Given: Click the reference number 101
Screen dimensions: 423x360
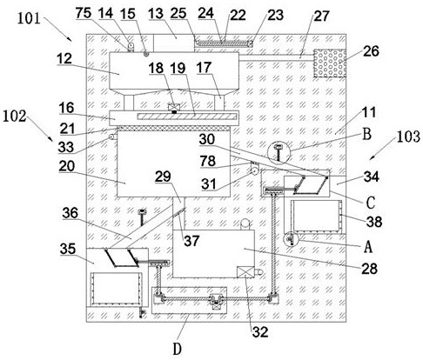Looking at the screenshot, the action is pyautogui.click(x=29, y=18).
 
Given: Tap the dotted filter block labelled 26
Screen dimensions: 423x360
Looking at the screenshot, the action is pyautogui.click(x=330, y=63).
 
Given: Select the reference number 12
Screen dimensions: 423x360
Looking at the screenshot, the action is pyautogui.click(x=64, y=59).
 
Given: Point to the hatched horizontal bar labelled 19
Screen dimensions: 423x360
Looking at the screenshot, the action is pyautogui.click(x=187, y=117).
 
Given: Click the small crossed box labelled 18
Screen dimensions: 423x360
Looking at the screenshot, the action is pyautogui.click(x=174, y=107).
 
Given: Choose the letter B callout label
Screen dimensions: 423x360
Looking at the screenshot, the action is pyautogui.click(x=366, y=134).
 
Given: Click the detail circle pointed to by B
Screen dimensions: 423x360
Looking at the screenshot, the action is pyautogui.click(x=279, y=151).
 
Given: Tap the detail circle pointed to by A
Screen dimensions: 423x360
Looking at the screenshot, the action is pyautogui.click(x=291, y=239).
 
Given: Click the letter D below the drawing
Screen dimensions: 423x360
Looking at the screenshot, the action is pyautogui.click(x=177, y=349).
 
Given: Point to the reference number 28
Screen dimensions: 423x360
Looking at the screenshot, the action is pyautogui.click(x=369, y=269).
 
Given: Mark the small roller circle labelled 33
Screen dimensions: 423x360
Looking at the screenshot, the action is pyautogui.click(x=111, y=137).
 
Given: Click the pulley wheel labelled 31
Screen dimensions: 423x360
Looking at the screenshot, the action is pyautogui.click(x=255, y=170).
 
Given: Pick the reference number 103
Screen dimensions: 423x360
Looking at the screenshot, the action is pyautogui.click(x=408, y=137).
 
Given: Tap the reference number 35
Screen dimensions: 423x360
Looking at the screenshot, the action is pyautogui.click(x=68, y=249).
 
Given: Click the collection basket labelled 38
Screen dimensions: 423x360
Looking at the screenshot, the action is pyautogui.click(x=317, y=216).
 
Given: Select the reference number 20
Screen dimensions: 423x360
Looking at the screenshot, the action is pyautogui.click(x=66, y=166).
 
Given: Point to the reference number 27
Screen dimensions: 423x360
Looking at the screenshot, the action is pyautogui.click(x=321, y=17).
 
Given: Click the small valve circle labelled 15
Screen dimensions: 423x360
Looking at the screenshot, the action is pyautogui.click(x=146, y=53).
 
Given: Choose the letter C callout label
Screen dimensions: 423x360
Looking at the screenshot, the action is pyautogui.click(x=371, y=203).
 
